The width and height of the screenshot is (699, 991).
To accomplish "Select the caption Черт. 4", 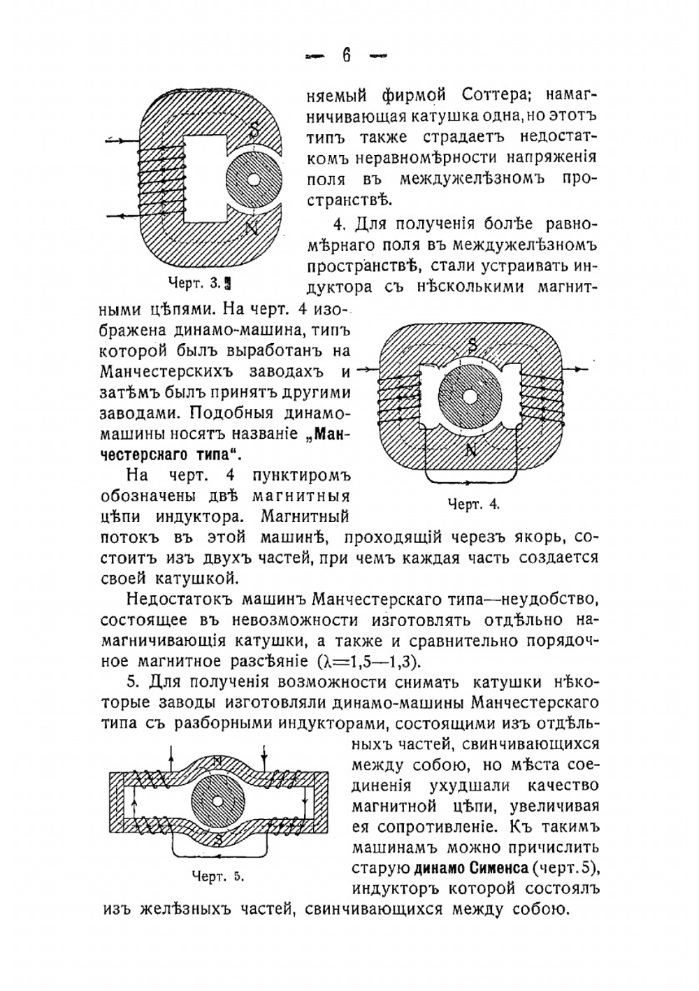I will point(473,503).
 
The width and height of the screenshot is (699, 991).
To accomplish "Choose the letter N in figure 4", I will point(471,451).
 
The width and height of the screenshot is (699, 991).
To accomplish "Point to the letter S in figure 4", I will point(473,344).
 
